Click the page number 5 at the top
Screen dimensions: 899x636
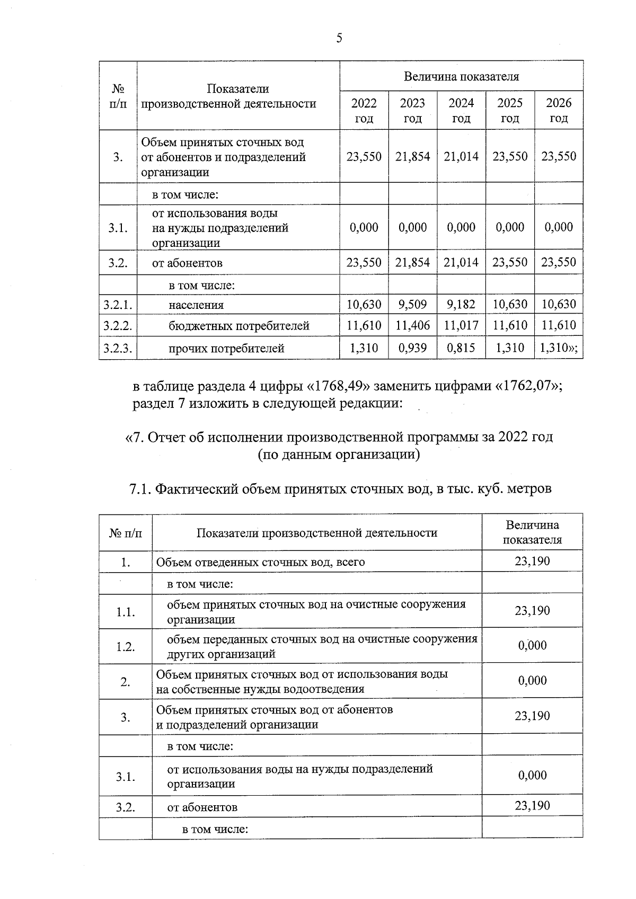pyautogui.click(x=339, y=38)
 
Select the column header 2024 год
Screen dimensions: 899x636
pyautogui.click(x=461, y=110)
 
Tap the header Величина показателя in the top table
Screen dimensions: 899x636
pyautogui.click(x=461, y=76)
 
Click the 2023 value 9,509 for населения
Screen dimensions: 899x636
pyautogui.click(x=412, y=305)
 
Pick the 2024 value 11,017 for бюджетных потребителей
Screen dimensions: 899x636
pyautogui.click(x=461, y=325)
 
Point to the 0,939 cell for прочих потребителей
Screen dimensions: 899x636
pyautogui.click(x=412, y=348)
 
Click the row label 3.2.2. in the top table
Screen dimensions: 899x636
pyautogui.click(x=118, y=325)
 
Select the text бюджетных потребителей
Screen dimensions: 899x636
pyautogui.click(x=239, y=326)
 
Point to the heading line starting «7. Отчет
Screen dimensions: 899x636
pyautogui.click(x=339, y=437)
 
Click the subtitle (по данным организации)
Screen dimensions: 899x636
pyautogui.click(x=339, y=455)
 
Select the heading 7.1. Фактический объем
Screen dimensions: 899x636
pyautogui.click(x=340, y=488)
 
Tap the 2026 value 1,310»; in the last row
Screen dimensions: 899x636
pyautogui.click(x=559, y=348)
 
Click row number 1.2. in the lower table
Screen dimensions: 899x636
pyautogui.click(x=126, y=646)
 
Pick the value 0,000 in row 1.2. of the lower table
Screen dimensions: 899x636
pyautogui.click(x=532, y=645)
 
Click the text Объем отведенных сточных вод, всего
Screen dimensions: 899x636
pyautogui.click(x=260, y=562)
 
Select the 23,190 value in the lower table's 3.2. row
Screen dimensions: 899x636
pyautogui.click(x=532, y=806)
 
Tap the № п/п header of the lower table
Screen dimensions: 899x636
pyautogui.click(x=126, y=532)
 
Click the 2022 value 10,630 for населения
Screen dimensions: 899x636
pyautogui.click(x=364, y=305)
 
